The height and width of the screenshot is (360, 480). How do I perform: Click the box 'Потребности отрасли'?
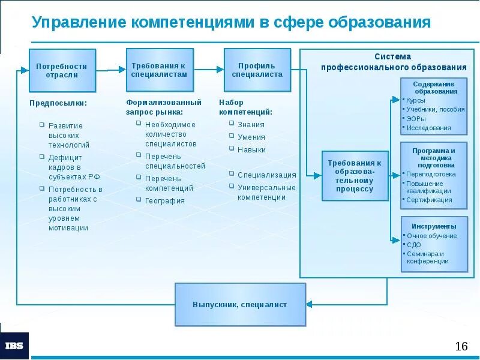click(x=62, y=70)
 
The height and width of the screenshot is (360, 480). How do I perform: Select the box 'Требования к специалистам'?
click(x=159, y=70)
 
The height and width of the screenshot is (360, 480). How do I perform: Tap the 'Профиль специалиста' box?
click(x=257, y=70)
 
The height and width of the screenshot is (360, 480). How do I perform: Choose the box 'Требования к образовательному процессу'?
click(x=355, y=176)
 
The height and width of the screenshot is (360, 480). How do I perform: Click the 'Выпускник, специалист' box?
click(x=240, y=304)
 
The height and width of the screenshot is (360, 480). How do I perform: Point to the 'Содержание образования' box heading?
click(x=434, y=88)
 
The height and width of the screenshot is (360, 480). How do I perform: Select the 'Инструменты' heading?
click(x=434, y=226)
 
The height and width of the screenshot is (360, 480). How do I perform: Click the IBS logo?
click(x=14, y=346)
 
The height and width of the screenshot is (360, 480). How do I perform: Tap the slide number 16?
click(x=461, y=346)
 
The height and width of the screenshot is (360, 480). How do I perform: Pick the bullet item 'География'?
click(x=164, y=201)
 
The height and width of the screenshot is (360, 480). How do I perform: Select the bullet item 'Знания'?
click(x=251, y=125)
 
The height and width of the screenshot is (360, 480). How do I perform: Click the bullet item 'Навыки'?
click(x=251, y=150)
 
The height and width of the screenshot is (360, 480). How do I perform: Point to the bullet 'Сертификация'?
click(x=429, y=200)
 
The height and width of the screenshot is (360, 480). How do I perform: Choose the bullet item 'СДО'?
click(x=413, y=245)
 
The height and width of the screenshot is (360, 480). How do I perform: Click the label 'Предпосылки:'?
click(x=58, y=103)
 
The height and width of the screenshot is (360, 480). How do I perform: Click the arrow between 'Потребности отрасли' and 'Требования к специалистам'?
click(x=111, y=70)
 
